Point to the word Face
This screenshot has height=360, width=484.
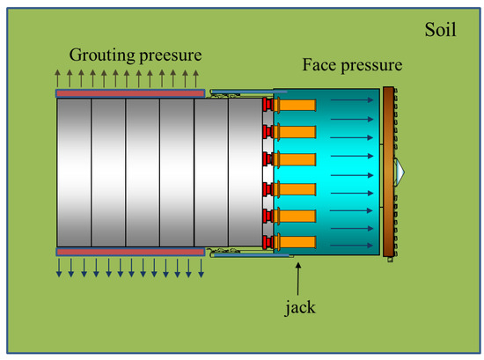[320, 65]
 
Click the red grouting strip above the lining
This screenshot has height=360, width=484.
[129, 92]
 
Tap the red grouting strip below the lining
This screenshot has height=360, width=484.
[129, 252]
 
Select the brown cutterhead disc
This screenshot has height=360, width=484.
[389, 172]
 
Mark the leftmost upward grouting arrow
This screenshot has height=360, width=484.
[59, 77]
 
